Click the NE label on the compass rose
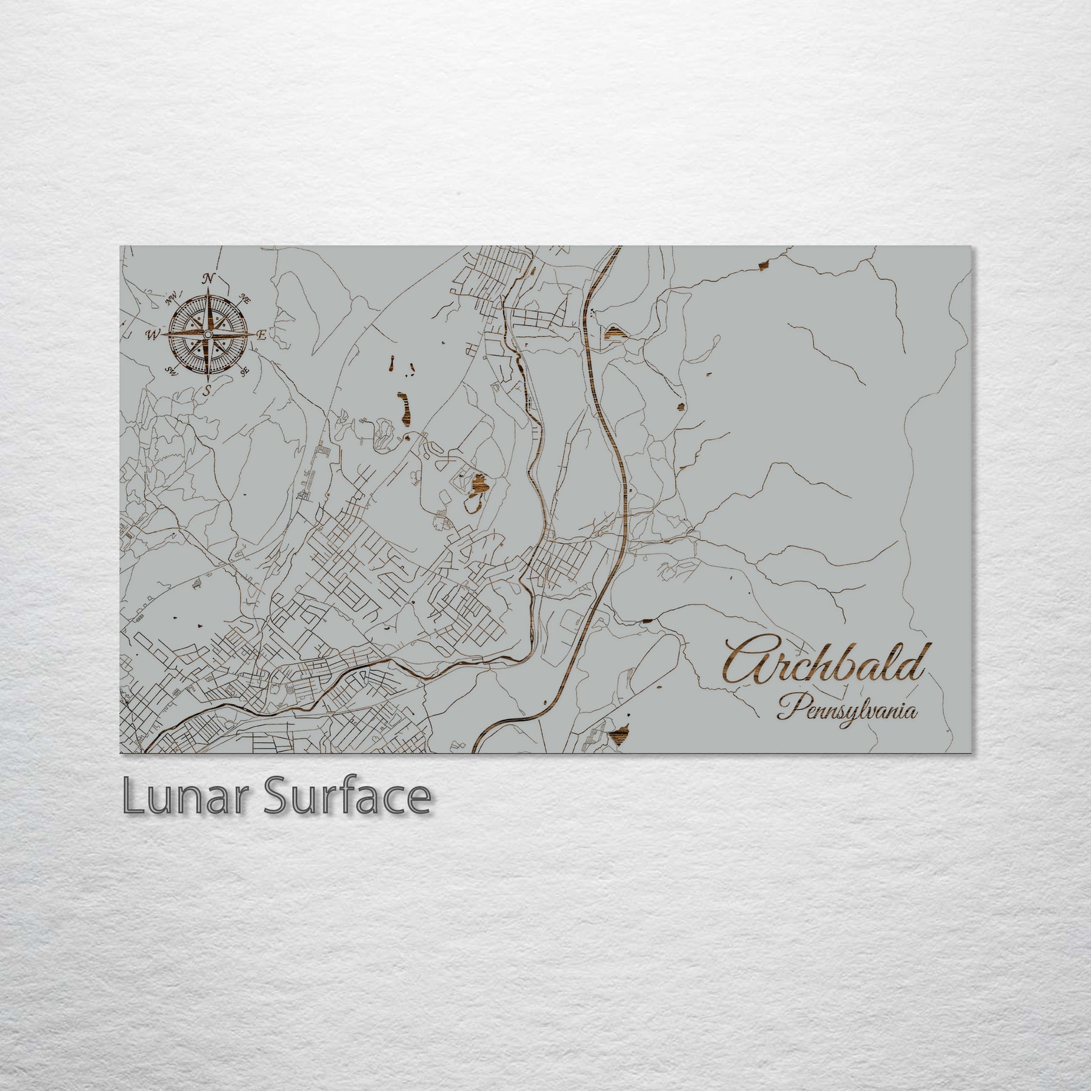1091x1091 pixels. [x=245, y=298]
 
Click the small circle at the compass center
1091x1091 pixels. [x=208, y=335]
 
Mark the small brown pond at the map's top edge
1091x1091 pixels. [x=762, y=264]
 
